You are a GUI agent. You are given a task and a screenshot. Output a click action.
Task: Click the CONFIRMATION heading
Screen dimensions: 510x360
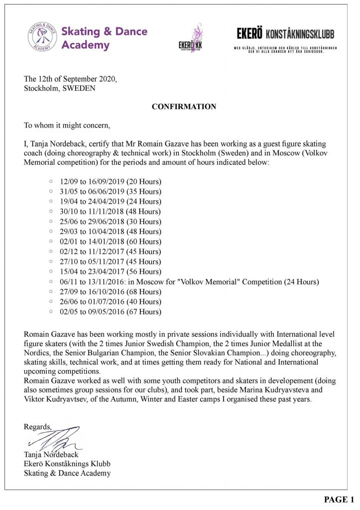pyautogui.click(x=184, y=107)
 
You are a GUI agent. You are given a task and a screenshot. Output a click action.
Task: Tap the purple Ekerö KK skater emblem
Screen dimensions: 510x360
pyautogui.click(x=193, y=36)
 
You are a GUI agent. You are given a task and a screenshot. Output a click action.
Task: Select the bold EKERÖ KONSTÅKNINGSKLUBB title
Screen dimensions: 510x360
pyautogui.click(x=285, y=34)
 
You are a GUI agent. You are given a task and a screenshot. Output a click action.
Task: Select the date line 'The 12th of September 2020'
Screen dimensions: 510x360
pyautogui.click(x=71, y=79)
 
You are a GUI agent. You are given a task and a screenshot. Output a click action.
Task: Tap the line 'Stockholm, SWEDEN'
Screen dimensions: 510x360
pyautogui.click(x=60, y=89)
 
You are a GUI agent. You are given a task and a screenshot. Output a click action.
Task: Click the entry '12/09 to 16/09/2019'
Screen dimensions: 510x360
pyautogui.click(x=111, y=181)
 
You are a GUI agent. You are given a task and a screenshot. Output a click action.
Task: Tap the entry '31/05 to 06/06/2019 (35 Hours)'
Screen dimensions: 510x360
pyautogui.click(x=111, y=191)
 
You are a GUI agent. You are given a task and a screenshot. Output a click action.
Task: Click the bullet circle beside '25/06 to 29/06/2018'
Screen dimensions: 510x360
pyautogui.click(x=51, y=221)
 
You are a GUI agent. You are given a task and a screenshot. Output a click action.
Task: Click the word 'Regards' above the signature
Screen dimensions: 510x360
pyautogui.click(x=37, y=427)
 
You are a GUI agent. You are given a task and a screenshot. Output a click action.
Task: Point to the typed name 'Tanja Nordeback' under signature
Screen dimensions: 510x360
pyautogui.click(x=51, y=454)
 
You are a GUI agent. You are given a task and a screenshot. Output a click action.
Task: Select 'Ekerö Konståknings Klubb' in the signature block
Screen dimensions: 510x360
pyautogui.click(x=67, y=464)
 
